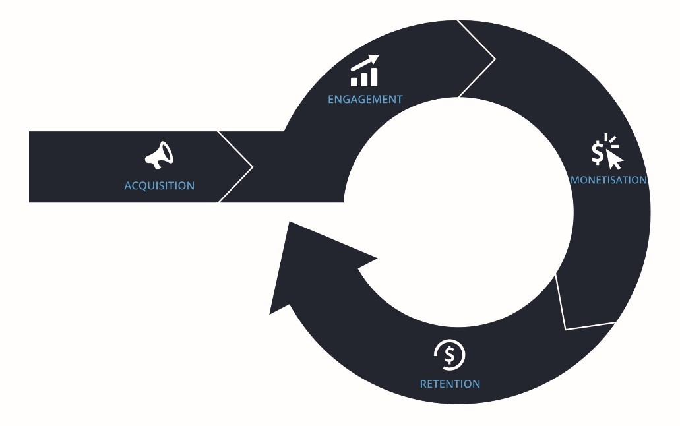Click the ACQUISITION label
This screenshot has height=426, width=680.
(159, 186)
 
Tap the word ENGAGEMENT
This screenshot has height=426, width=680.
(365, 100)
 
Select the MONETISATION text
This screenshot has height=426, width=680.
(609, 180)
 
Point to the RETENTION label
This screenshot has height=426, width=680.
(450, 384)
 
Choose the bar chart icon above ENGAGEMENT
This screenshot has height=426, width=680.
(365, 71)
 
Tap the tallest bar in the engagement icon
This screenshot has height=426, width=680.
(374, 77)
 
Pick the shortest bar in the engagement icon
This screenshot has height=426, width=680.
(354, 82)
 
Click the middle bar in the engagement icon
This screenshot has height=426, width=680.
(364, 79)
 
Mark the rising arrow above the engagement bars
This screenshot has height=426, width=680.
(365, 63)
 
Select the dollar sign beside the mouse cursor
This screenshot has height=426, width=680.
(598, 153)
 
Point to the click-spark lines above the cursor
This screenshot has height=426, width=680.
(611, 140)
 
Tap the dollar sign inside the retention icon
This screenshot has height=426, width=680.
(450, 355)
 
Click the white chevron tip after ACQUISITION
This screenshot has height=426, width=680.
(253, 166)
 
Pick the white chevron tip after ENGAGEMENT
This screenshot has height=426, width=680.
(495, 59)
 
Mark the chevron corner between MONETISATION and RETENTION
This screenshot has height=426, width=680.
(565, 330)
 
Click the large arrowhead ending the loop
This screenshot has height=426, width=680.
(312, 260)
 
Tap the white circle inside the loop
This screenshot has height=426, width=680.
(458, 212)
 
